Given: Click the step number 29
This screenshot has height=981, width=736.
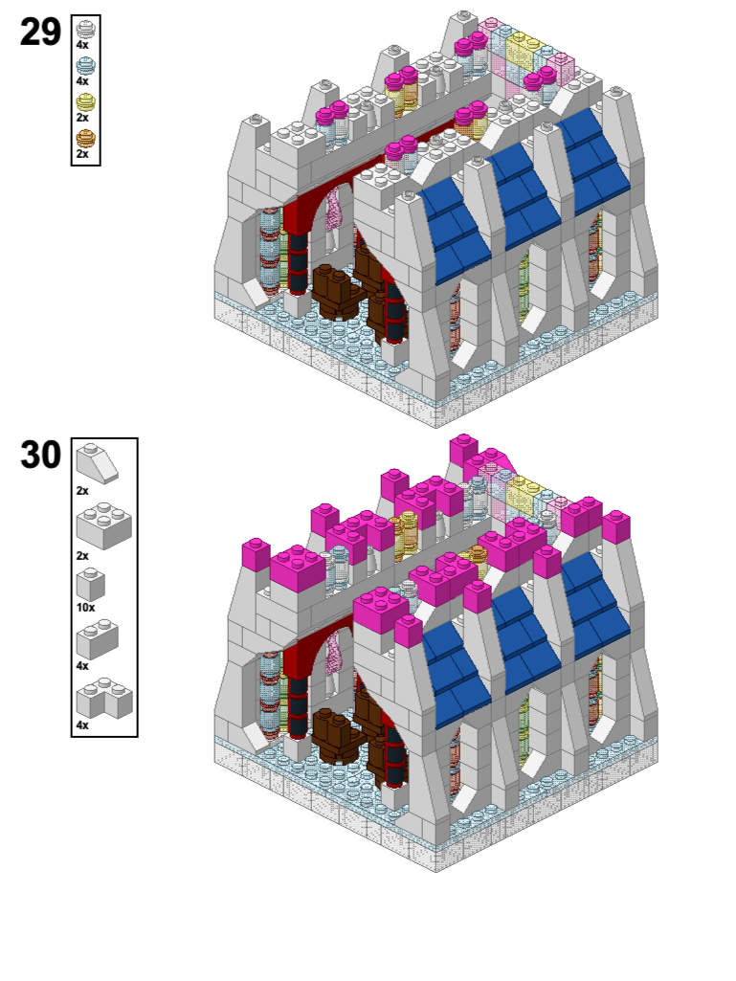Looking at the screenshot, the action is (x=41, y=32).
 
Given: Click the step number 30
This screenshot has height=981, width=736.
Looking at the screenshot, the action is (x=41, y=455).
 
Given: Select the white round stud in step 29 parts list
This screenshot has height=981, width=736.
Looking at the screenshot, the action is (x=86, y=30).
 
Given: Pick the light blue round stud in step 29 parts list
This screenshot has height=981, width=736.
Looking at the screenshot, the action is (x=86, y=66).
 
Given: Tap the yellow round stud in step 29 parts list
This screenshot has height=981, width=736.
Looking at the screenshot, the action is (x=86, y=102).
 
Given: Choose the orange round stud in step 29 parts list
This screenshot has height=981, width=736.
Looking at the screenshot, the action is (x=86, y=138).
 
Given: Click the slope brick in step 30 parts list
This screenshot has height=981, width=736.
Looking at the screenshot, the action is (x=97, y=463).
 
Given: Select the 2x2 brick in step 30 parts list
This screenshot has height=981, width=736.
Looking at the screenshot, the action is (x=104, y=525).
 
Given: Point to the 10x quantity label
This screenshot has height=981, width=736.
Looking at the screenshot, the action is (x=86, y=608).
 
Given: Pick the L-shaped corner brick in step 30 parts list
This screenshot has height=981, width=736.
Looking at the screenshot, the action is (x=104, y=699).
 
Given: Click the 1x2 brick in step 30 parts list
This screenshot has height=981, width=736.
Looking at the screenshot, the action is (x=97, y=639).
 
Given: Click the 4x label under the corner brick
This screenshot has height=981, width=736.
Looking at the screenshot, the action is (x=82, y=725).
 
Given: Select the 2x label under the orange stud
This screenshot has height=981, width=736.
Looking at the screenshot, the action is (x=82, y=154).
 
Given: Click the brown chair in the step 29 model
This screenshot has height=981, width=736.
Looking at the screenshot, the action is (x=335, y=291).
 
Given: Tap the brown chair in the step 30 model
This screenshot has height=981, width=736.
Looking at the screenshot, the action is (x=335, y=736).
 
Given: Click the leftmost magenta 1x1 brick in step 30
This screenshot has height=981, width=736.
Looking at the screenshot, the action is (x=256, y=554).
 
